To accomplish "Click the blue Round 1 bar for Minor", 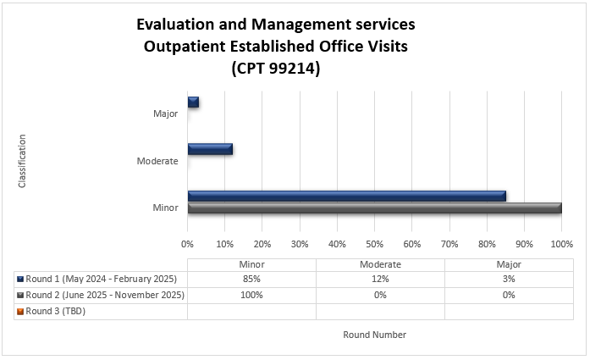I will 347,196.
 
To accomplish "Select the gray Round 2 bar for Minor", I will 374,208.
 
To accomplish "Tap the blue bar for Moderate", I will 210,149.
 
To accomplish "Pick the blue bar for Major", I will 193,102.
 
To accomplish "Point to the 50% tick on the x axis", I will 374,243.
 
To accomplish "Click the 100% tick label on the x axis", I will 561,243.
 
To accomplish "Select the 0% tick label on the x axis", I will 188,243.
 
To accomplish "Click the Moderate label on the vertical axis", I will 157,161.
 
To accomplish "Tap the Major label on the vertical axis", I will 165,114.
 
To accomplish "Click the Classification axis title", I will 22,160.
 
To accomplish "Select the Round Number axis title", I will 374,335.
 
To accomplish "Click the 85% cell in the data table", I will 251,279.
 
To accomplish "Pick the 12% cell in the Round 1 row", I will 380,279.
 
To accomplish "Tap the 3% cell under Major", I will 508,279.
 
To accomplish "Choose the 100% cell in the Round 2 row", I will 251,295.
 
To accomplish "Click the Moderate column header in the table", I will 380,263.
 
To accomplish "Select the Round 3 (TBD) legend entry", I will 56,311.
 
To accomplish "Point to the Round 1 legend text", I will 102,279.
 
